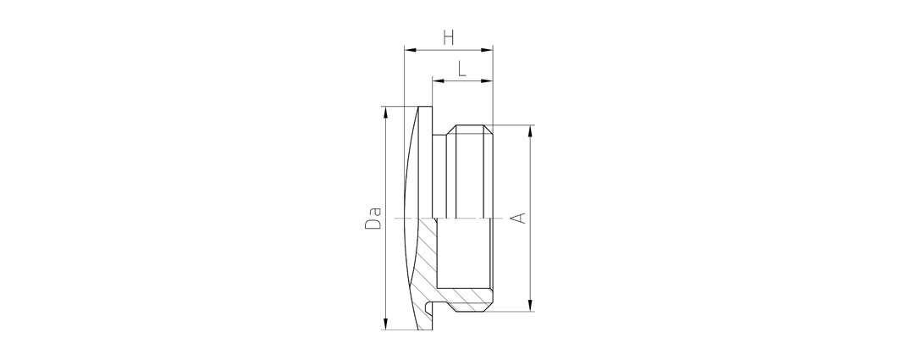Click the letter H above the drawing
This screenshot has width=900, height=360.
pyautogui.click(x=448, y=38)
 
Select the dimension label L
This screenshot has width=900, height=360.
pyautogui.click(x=462, y=69)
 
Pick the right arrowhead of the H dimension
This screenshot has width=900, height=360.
pyautogui.click(x=488, y=50)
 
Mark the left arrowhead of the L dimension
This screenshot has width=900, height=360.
pyautogui.click(x=439, y=81)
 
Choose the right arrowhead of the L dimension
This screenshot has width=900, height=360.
pyautogui.click(x=488, y=81)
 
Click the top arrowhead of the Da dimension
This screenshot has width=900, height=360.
pyautogui.click(x=386, y=112)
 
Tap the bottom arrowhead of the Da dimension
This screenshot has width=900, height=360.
pyautogui.click(x=386, y=324)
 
